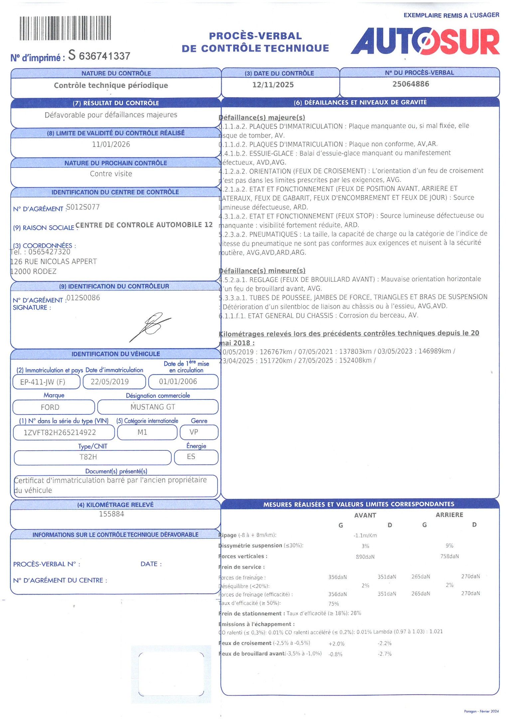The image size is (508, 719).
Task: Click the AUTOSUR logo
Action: (x=425, y=42)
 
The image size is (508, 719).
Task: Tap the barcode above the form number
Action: (x=65, y=28)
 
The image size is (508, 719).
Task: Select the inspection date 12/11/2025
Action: (x=273, y=85)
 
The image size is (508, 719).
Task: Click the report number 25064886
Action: (x=411, y=84)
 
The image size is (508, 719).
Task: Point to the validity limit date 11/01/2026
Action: (x=111, y=144)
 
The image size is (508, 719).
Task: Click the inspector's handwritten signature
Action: (x=151, y=326)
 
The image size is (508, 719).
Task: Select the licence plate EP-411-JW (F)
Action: (x=43, y=382)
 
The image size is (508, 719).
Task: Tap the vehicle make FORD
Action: (x=50, y=407)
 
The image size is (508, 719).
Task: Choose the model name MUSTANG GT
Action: (x=153, y=407)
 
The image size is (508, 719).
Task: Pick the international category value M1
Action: (x=142, y=432)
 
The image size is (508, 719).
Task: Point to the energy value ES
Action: (x=191, y=456)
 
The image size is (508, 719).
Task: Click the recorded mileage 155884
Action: (x=111, y=514)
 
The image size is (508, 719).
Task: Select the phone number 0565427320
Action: (x=49, y=252)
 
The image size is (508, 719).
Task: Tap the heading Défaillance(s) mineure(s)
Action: (x=262, y=271)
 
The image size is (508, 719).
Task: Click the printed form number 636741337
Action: (x=104, y=56)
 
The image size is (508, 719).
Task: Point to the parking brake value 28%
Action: (x=356, y=613)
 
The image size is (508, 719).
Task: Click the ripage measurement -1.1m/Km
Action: (x=365, y=536)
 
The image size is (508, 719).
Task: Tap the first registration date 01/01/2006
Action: (x=178, y=381)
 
